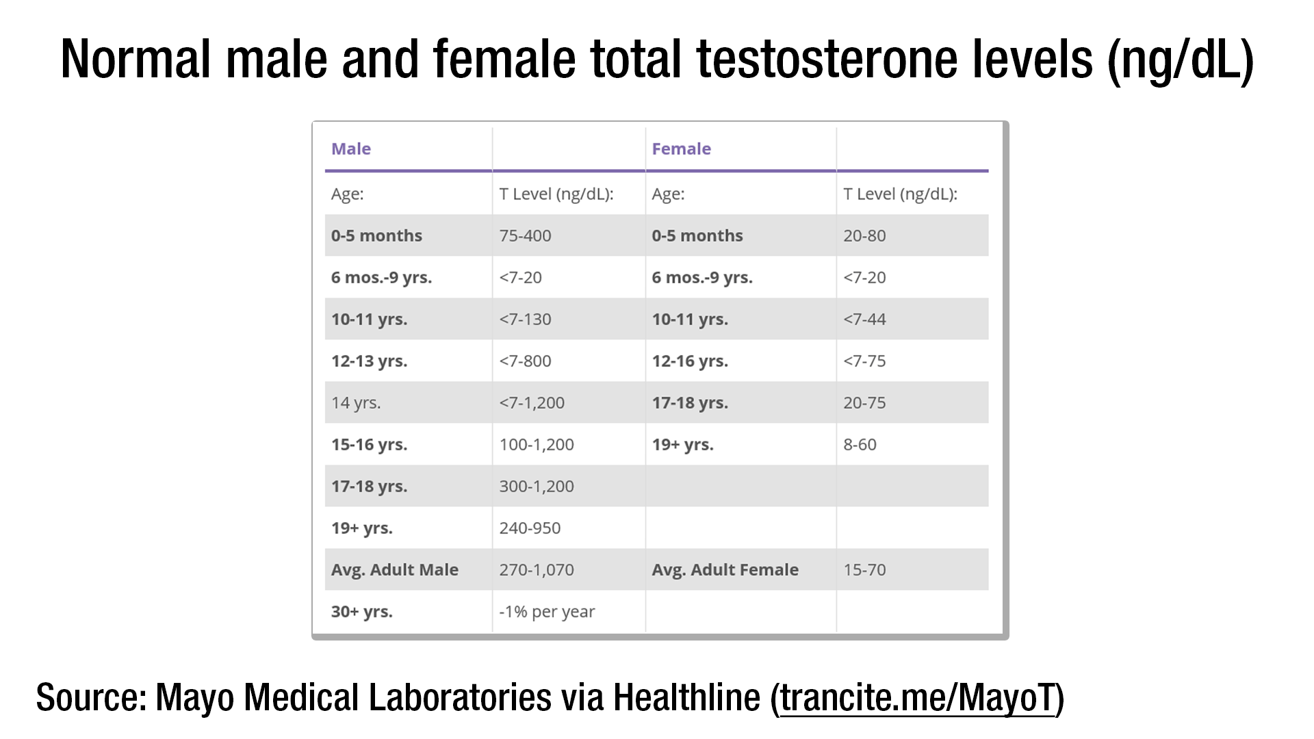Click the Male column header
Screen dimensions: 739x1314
click(x=351, y=148)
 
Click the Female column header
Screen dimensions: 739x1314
click(x=681, y=148)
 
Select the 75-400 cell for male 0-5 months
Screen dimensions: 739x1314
click(x=525, y=235)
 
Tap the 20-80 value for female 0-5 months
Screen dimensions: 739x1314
click(x=864, y=235)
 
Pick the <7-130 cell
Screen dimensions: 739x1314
click(x=525, y=319)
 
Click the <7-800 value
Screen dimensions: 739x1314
click(x=525, y=361)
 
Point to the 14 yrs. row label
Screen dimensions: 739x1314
click(x=356, y=402)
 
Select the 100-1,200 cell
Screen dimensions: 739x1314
click(x=537, y=444)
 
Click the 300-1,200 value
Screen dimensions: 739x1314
click(x=537, y=486)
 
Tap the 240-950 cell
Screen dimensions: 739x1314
click(x=530, y=528)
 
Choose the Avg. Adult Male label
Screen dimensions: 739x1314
click(x=395, y=569)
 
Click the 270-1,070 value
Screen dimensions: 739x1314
click(x=537, y=569)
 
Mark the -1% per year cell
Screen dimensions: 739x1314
click(x=547, y=611)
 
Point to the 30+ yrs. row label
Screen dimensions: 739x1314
click(x=362, y=611)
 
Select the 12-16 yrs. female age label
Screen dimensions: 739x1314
click(x=690, y=361)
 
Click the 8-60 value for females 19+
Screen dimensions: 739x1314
click(x=860, y=444)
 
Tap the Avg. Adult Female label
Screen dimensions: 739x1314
click(x=725, y=569)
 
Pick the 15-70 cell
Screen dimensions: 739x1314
click(x=864, y=569)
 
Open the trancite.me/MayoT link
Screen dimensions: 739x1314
click(x=918, y=697)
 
